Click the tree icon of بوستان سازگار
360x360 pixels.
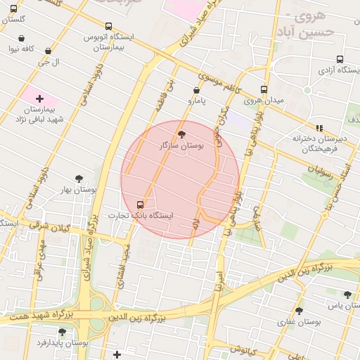181,134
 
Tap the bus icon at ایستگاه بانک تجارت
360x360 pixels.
139,204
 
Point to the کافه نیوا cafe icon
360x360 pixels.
21,38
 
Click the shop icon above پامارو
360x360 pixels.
195,90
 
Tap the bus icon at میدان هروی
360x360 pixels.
264,89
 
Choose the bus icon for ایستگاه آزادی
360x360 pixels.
340,60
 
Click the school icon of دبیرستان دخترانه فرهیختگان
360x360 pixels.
319,128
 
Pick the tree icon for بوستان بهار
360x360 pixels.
79,179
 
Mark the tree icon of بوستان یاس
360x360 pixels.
347,295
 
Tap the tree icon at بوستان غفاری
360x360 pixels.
299,310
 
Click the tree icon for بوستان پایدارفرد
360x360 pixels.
62,331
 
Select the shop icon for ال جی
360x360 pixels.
48,51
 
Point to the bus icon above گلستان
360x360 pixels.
13,8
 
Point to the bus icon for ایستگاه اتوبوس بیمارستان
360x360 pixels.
108,25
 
